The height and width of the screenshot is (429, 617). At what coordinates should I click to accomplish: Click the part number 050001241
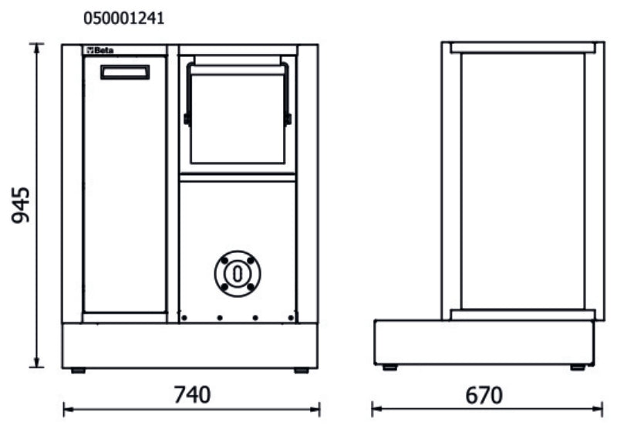[x=123, y=18]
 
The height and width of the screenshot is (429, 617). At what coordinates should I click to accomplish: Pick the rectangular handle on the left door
[x=125, y=72]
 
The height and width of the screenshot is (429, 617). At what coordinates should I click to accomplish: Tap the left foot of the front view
[x=78, y=370]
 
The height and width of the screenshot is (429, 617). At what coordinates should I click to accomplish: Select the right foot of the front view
[x=301, y=370]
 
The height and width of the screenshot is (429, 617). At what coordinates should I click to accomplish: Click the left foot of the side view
[x=390, y=367]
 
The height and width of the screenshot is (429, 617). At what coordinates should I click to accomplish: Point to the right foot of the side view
[x=577, y=367]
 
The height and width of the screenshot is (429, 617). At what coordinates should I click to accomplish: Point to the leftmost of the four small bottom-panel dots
[x=184, y=317]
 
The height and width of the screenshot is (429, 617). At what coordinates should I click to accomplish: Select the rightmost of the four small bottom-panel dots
[x=290, y=317]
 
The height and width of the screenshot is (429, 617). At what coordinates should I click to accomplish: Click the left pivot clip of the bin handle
[x=187, y=119]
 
